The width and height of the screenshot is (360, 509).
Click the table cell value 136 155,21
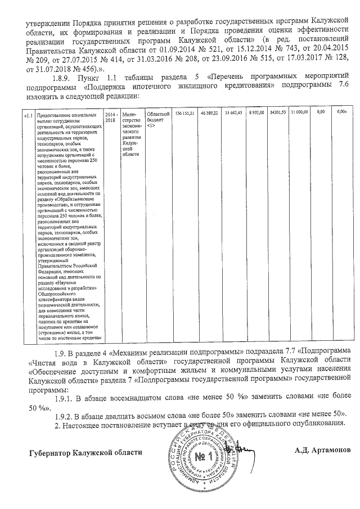pyautogui.click(x=185, y=114)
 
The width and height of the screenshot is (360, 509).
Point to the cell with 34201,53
pyautogui.click(x=278, y=114)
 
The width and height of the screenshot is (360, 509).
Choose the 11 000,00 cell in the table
pyautogui.click(x=299, y=114)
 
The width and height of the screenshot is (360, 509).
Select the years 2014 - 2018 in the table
pyautogui.click(x=111, y=117)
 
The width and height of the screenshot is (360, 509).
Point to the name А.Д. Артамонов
pyautogui.click(x=322, y=451)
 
